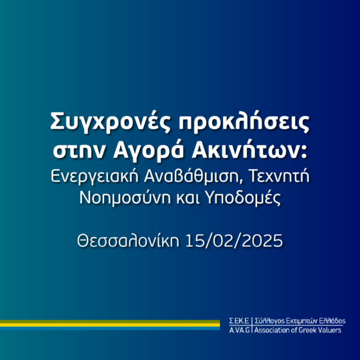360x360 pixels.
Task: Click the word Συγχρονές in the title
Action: (x=111, y=122)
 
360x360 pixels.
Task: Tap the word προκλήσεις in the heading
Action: (x=244, y=122)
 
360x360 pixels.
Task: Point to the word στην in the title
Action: (x=79, y=152)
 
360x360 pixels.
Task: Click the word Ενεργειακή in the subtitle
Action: (x=94, y=177)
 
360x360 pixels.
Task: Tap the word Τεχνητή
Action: (x=279, y=176)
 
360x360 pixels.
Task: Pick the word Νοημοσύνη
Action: (x=125, y=198)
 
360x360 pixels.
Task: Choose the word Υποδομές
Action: (x=243, y=198)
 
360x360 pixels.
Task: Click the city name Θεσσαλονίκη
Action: (x=128, y=241)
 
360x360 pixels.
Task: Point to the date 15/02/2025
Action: (x=234, y=241)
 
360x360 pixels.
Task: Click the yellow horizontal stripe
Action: (x=110, y=325)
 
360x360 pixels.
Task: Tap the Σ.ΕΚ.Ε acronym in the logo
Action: (x=239, y=321)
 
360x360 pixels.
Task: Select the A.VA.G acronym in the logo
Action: (x=239, y=330)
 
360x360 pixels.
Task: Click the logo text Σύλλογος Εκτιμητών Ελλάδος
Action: (x=300, y=321)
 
